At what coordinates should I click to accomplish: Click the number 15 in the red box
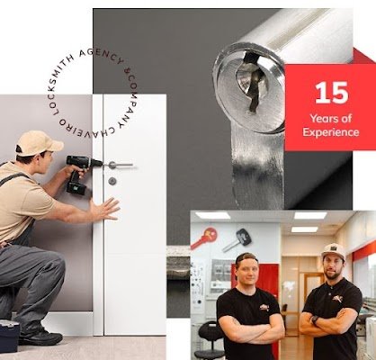(x=332, y=93)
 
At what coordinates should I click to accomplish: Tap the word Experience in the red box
(x=331, y=132)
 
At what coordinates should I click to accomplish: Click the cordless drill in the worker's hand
(x=80, y=174)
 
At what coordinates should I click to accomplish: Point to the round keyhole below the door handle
(x=112, y=181)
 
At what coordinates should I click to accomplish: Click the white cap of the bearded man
(x=333, y=251)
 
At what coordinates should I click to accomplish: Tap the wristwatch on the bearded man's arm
(x=315, y=319)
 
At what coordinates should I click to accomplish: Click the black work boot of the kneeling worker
(x=40, y=337)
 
